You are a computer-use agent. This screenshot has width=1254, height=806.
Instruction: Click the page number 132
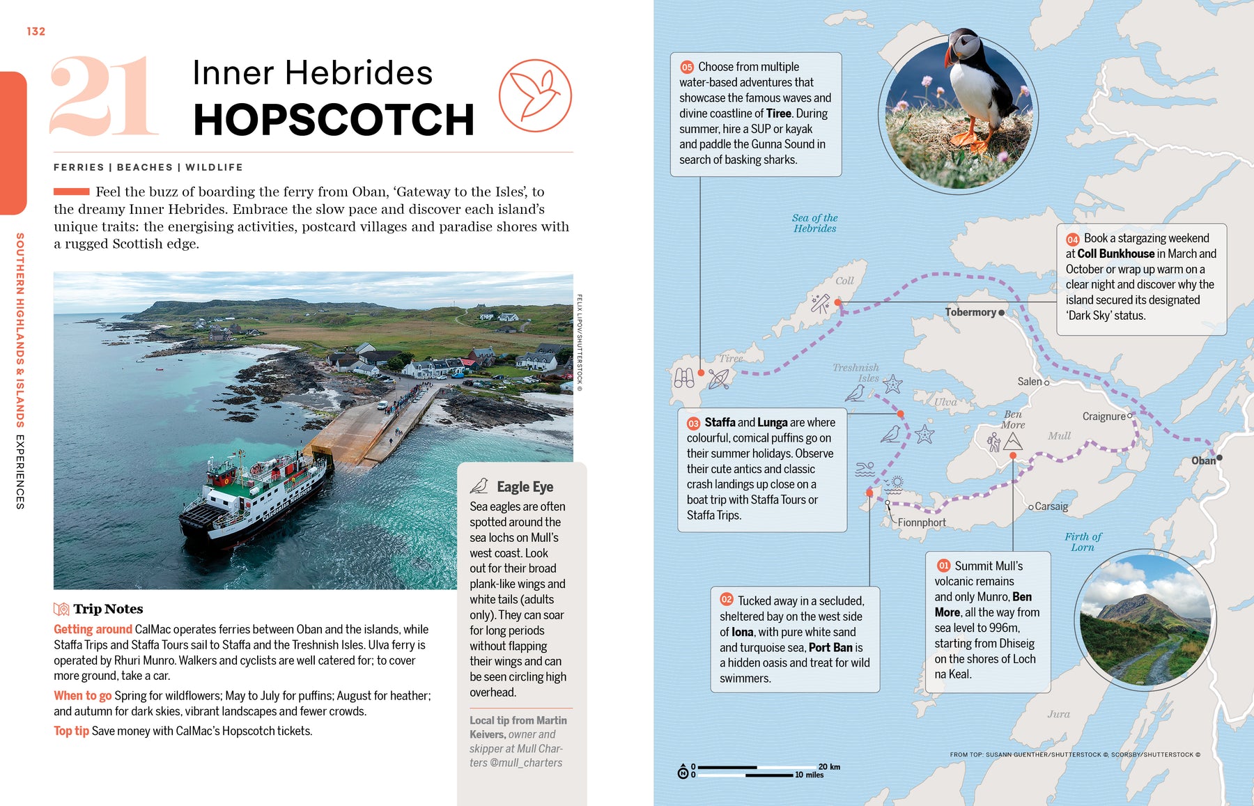tap(36, 31)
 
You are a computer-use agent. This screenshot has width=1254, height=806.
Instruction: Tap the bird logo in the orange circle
tap(535, 96)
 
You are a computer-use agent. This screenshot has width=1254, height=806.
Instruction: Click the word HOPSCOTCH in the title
tap(333, 120)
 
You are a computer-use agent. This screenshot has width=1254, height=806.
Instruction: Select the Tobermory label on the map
tap(970, 312)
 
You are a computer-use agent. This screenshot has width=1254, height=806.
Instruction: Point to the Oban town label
tap(1202, 460)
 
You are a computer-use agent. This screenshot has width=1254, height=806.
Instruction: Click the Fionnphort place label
tap(921, 522)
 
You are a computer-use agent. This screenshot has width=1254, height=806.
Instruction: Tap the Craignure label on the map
tap(1104, 417)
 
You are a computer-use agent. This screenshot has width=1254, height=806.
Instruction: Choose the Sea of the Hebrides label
tap(814, 223)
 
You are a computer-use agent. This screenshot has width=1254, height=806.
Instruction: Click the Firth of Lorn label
tap(1083, 542)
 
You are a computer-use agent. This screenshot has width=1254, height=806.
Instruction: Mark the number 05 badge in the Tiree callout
tap(687, 67)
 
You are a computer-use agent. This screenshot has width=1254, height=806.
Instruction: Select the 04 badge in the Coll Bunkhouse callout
tap(1072, 239)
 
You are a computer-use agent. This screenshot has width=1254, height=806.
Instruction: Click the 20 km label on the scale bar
tap(829, 766)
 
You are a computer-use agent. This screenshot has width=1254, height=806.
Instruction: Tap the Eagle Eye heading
tap(525, 487)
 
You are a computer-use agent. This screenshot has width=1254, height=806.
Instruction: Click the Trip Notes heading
tap(108, 609)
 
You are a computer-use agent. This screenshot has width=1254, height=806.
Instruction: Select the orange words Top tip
tap(71, 731)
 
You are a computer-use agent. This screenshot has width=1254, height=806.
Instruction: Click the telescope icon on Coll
tap(819, 304)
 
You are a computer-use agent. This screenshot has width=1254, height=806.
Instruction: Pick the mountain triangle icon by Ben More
tap(1012, 442)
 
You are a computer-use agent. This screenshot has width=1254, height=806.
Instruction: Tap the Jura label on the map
tap(1058, 714)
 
